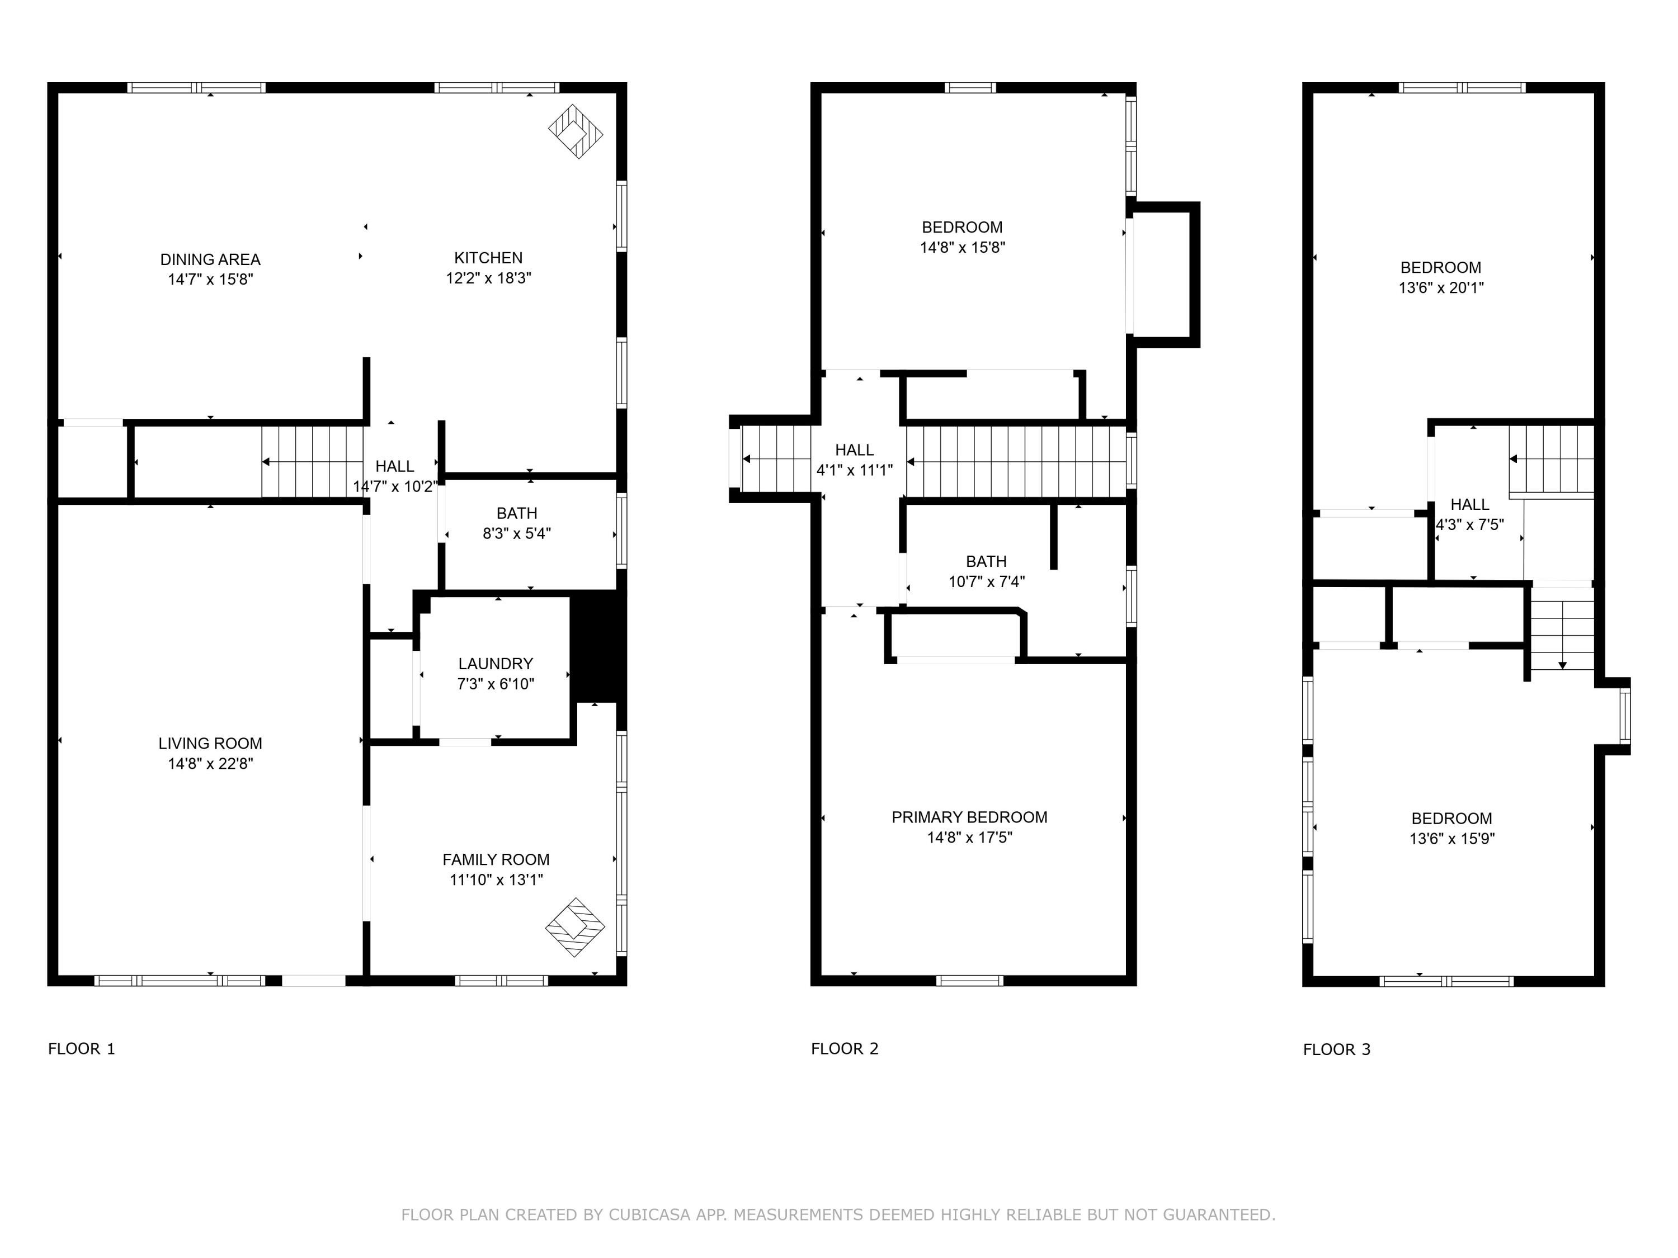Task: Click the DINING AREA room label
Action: click(x=210, y=259)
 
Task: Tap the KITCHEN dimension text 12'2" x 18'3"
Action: click(x=488, y=278)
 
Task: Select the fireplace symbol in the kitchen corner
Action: click(x=576, y=131)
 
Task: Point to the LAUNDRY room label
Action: click(x=496, y=664)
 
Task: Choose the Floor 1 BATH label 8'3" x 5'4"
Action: click(x=517, y=533)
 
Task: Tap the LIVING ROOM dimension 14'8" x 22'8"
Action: click(x=210, y=764)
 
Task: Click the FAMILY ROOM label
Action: click(x=496, y=859)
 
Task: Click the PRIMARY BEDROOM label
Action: click(x=969, y=817)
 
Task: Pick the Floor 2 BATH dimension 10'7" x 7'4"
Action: click(x=986, y=581)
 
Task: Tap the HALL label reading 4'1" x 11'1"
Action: click(x=854, y=470)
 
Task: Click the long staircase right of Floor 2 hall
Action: click(x=1016, y=462)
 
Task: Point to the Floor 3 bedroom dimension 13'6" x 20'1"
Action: click(x=1440, y=287)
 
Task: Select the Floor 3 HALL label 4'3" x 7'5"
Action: click(x=1469, y=524)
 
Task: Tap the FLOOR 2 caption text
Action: click(x=844, y=1049)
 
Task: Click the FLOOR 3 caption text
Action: click(x=1337, y=1049)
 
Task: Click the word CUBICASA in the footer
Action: click(x=649, y=1215)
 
